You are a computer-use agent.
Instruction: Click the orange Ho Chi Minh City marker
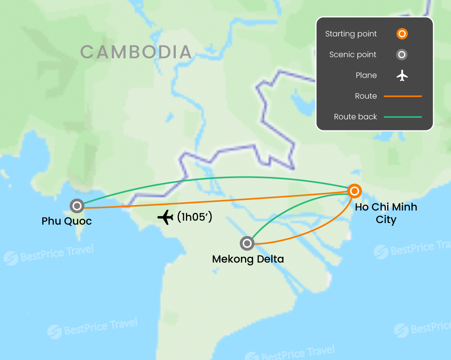(354, 191)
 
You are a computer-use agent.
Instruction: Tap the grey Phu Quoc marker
(77, 206)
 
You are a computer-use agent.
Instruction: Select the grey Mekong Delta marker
(247, 243)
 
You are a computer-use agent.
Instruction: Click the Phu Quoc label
(67, 221)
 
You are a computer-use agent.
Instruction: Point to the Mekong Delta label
(248, 259)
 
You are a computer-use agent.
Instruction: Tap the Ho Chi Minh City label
(386, 213)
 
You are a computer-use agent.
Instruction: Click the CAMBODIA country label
(136, 52)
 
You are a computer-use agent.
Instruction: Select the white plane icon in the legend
(402, 76)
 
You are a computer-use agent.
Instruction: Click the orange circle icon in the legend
(402, 34)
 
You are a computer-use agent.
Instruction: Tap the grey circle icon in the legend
(402, 55)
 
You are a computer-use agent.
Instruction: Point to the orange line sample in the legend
(402, 96)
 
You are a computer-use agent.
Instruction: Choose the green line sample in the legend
(402, 117)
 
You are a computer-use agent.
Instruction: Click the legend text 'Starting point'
(351, 34)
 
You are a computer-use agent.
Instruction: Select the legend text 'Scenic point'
(353, 55)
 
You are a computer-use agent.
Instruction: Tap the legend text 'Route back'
(355, 117)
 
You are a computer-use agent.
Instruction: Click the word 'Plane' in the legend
(366, 76)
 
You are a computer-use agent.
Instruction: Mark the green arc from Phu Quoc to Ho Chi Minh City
(219, 177)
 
